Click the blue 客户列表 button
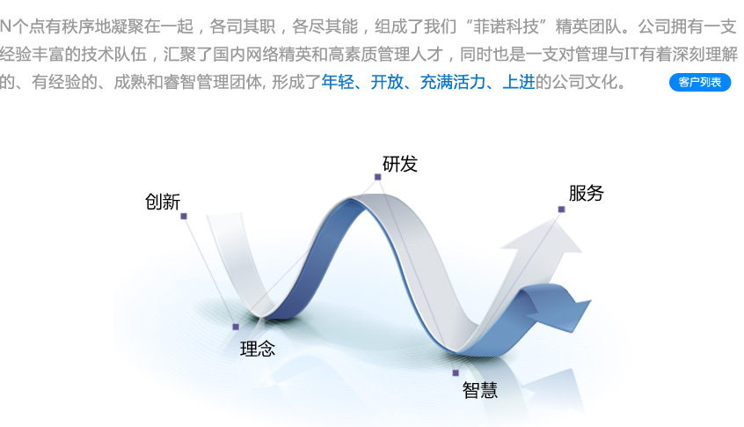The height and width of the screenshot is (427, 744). [700, 82]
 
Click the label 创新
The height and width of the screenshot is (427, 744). [163, 202]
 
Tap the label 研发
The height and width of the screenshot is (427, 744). [400, 165]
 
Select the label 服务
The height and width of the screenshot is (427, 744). [586, 194]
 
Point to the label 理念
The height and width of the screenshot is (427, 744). [258, 350]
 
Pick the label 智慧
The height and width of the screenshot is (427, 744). [479, 390]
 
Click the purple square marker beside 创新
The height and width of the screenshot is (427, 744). [184, 217]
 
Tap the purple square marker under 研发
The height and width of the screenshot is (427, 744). [377, 177]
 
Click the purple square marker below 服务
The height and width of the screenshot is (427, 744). [561, 210]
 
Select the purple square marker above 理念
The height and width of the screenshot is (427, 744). [236, 327]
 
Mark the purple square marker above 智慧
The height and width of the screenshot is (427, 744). [456, 372]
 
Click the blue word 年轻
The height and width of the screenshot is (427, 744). [338, 82]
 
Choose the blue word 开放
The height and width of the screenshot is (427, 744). [387, 82]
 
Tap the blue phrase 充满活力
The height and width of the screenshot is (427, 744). [453, 82]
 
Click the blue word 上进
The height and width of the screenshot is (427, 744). [519, 82]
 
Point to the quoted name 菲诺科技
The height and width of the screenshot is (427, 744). [507, 26]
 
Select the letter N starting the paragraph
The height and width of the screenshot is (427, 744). [5, 26]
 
